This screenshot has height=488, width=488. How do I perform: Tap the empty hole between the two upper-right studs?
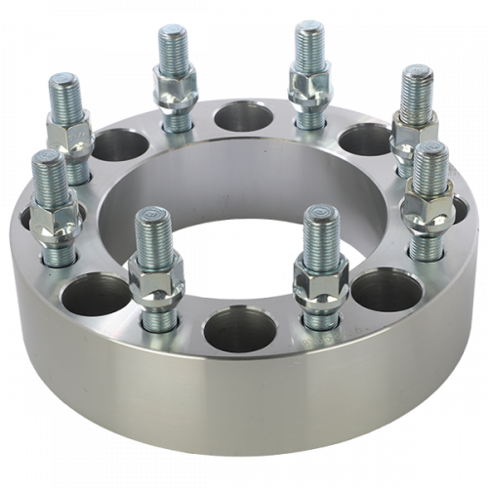pos(358,138)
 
